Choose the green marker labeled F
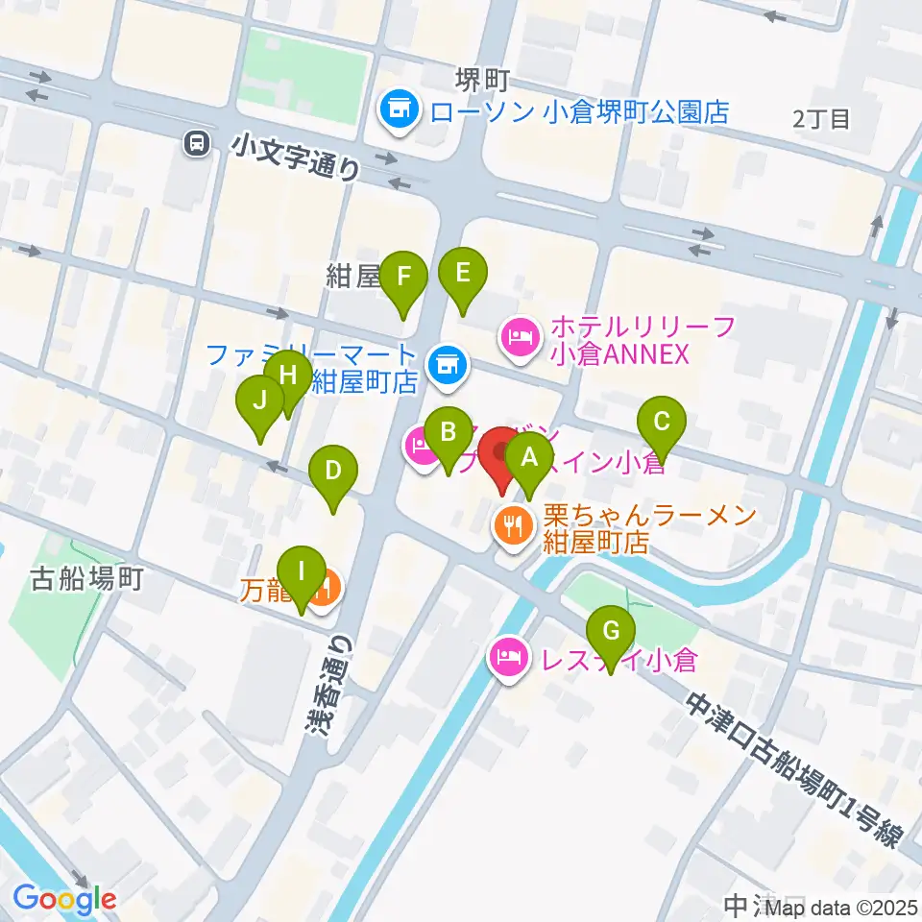[x=403, y=279]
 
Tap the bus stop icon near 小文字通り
[x=196, y=144]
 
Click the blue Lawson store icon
[x=397, y=109]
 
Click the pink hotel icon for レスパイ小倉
[x=507, y=659]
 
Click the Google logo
[x=64, y=899]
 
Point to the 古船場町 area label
[x=87, y=578]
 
